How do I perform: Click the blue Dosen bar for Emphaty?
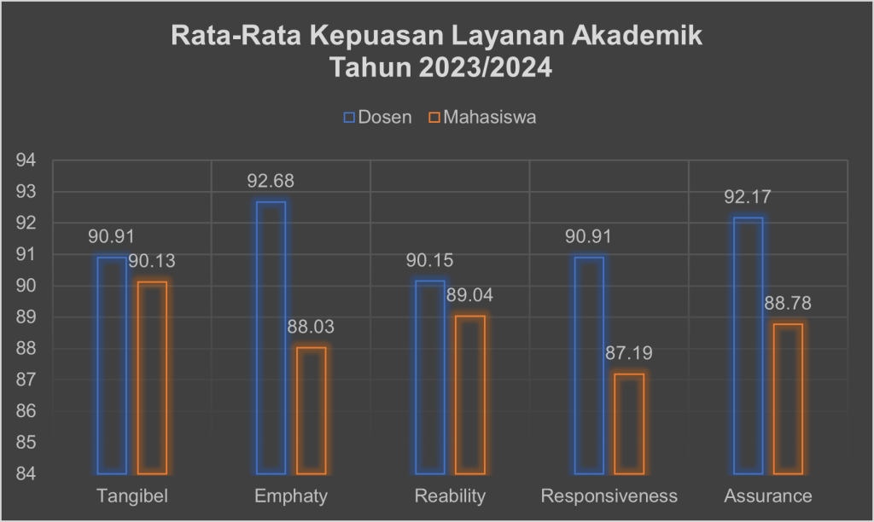click(271, 337)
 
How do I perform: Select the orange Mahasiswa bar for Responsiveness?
click(629, 423)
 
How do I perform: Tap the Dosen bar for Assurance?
click(748, 345)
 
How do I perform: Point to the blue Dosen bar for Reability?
click(429, 376)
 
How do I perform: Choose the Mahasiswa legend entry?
click(482, 118)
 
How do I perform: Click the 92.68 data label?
click(271, 182)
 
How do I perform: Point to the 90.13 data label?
click(152, 262)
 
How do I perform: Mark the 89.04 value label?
click(469, 296)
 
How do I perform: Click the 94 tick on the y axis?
click(27, 160)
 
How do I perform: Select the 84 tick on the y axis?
click(27, 473)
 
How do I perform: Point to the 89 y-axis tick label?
click(27, 317)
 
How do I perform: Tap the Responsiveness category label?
click(609, 496)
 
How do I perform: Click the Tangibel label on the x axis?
click(131, 496)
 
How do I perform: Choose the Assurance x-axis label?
click(768, 496)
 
